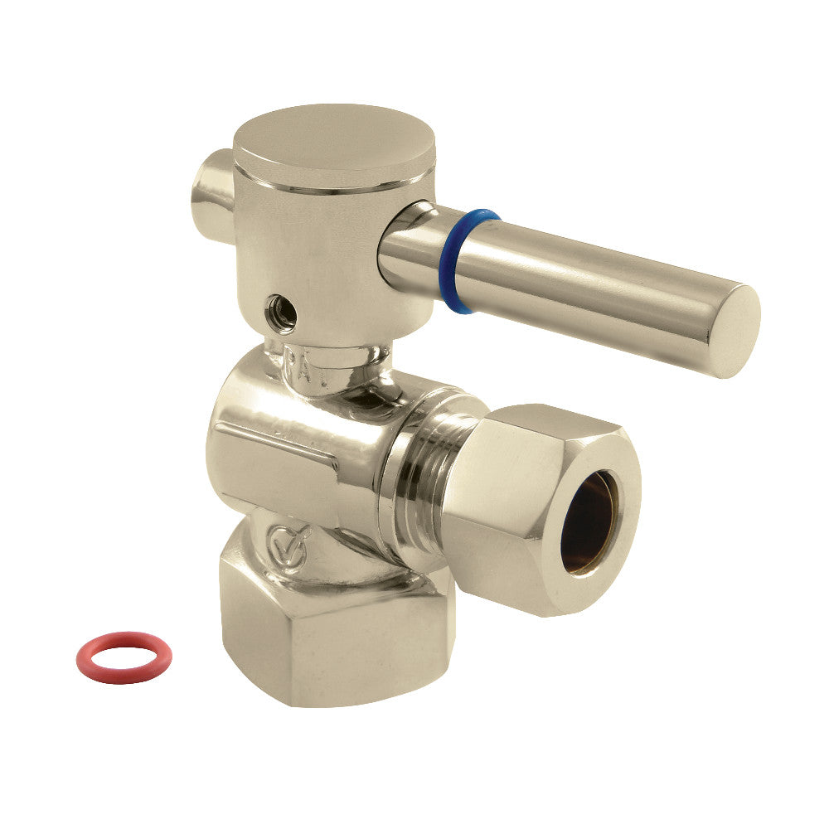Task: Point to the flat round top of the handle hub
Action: tap(323, 141)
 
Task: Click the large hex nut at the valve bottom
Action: tap(332, 630)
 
